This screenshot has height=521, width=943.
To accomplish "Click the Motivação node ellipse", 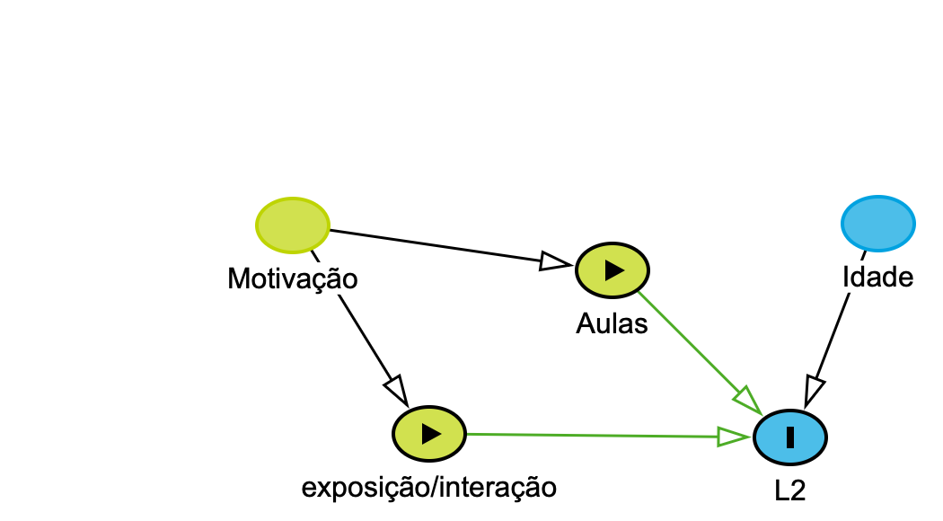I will pos(293,224).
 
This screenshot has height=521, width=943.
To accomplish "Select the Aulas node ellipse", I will pos(612,269).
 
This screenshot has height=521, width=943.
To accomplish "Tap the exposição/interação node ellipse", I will pos(429,433).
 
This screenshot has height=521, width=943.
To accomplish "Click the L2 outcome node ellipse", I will pos(790,437).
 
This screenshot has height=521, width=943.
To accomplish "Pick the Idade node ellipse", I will pos(877,222).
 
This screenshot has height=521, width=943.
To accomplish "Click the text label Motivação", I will pos(293,278).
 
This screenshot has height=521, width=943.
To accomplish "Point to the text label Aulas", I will pos(612,323).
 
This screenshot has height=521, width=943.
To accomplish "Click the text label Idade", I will pos(877,278).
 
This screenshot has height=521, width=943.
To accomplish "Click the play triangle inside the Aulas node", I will pos(613,269).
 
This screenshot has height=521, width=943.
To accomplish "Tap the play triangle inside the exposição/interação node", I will pos(431,433).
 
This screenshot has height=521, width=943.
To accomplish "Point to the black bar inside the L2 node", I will pos(790,437).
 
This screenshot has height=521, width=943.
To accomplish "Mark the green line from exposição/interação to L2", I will pos(593,435).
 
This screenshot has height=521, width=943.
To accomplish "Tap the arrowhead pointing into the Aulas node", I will pos(556,262).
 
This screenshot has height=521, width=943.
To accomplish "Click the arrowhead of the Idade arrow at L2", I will pos(814,390).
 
